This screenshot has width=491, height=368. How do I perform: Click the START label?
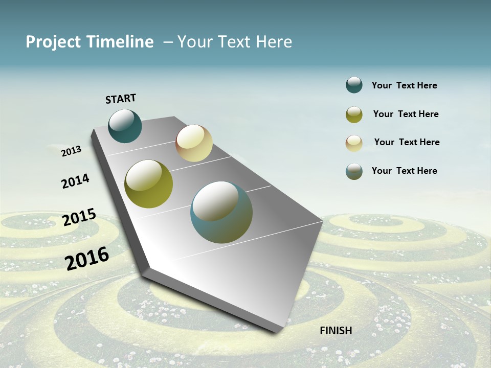[121, 99]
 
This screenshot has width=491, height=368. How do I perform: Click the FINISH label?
[336, 331]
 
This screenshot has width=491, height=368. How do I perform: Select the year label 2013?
[72, 151]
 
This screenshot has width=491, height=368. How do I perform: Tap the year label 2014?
[76, 181]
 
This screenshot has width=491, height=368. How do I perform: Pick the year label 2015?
[79, 217]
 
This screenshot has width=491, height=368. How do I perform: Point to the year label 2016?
[87, 258]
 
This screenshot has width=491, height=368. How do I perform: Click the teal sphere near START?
[125, 126]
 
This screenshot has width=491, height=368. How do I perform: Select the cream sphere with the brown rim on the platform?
[194, 143]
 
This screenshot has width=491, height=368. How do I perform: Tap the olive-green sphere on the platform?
[149, 184]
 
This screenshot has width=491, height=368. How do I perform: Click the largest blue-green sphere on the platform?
[221, 212]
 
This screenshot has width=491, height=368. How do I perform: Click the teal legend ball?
[354, 85]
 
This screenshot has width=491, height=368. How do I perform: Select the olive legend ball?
[354, 114]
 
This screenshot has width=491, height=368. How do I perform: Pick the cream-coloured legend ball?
[354, 143]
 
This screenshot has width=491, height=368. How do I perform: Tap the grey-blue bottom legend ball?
[354, 171]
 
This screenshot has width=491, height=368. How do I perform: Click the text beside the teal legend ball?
[404, 86]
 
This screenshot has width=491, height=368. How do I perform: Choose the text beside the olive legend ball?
[406, 114]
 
